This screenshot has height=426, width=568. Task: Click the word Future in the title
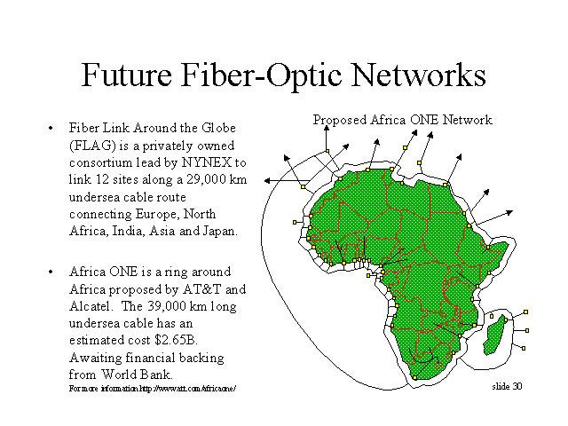point(126,75)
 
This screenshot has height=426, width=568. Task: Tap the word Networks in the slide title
point(418,75)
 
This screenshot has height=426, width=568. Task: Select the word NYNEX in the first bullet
point(207,162)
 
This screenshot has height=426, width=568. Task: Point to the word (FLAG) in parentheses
point(92,146)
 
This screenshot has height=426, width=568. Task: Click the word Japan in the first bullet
point(220,231)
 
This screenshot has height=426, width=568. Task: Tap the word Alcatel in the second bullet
point(90,306)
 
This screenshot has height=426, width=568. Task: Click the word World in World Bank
point(119,375)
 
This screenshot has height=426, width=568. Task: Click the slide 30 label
point(507,387)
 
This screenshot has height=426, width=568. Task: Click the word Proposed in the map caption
point(340,120)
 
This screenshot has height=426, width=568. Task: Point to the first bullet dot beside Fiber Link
point(51,128)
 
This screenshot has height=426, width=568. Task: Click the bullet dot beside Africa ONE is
point(51,272)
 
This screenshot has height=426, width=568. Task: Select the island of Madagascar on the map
point(494,335)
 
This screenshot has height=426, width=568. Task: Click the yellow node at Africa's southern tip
point(414,378)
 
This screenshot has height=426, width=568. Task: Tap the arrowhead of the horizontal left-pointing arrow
point(267,180)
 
